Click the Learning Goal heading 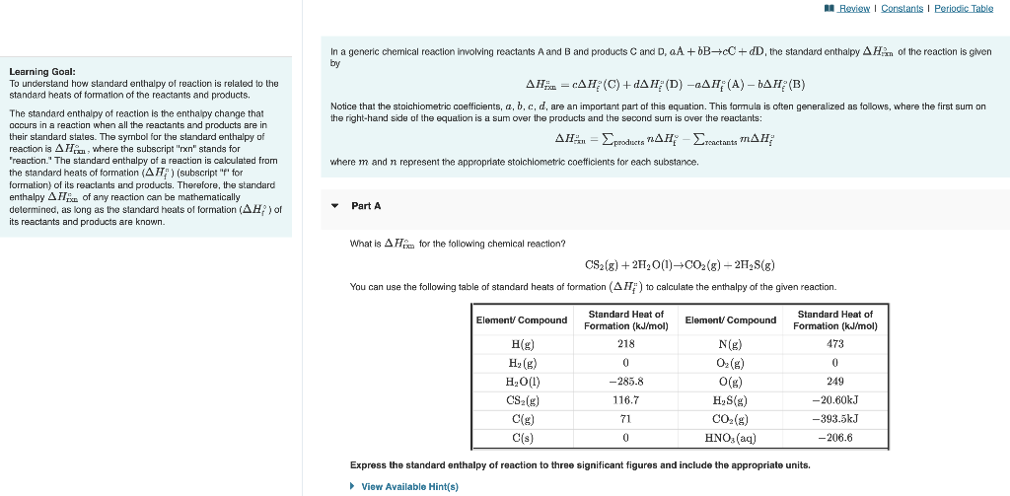[42, 71]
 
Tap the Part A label [366, 205]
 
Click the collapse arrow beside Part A [335, 205]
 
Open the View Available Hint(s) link [409, 486]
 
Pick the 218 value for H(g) [626, 344]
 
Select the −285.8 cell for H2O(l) [626, 381]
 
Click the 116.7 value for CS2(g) [626, 399]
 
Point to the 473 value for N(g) [835, 344]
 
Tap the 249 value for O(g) [835, 381]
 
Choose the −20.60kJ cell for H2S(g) [835, 399]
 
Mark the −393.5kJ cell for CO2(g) [835, 418]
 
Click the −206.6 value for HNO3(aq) [835, 437]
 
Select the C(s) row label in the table [522, 437]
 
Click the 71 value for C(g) [626, 418]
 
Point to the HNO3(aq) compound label [731, 437]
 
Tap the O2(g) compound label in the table [731, 363]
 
